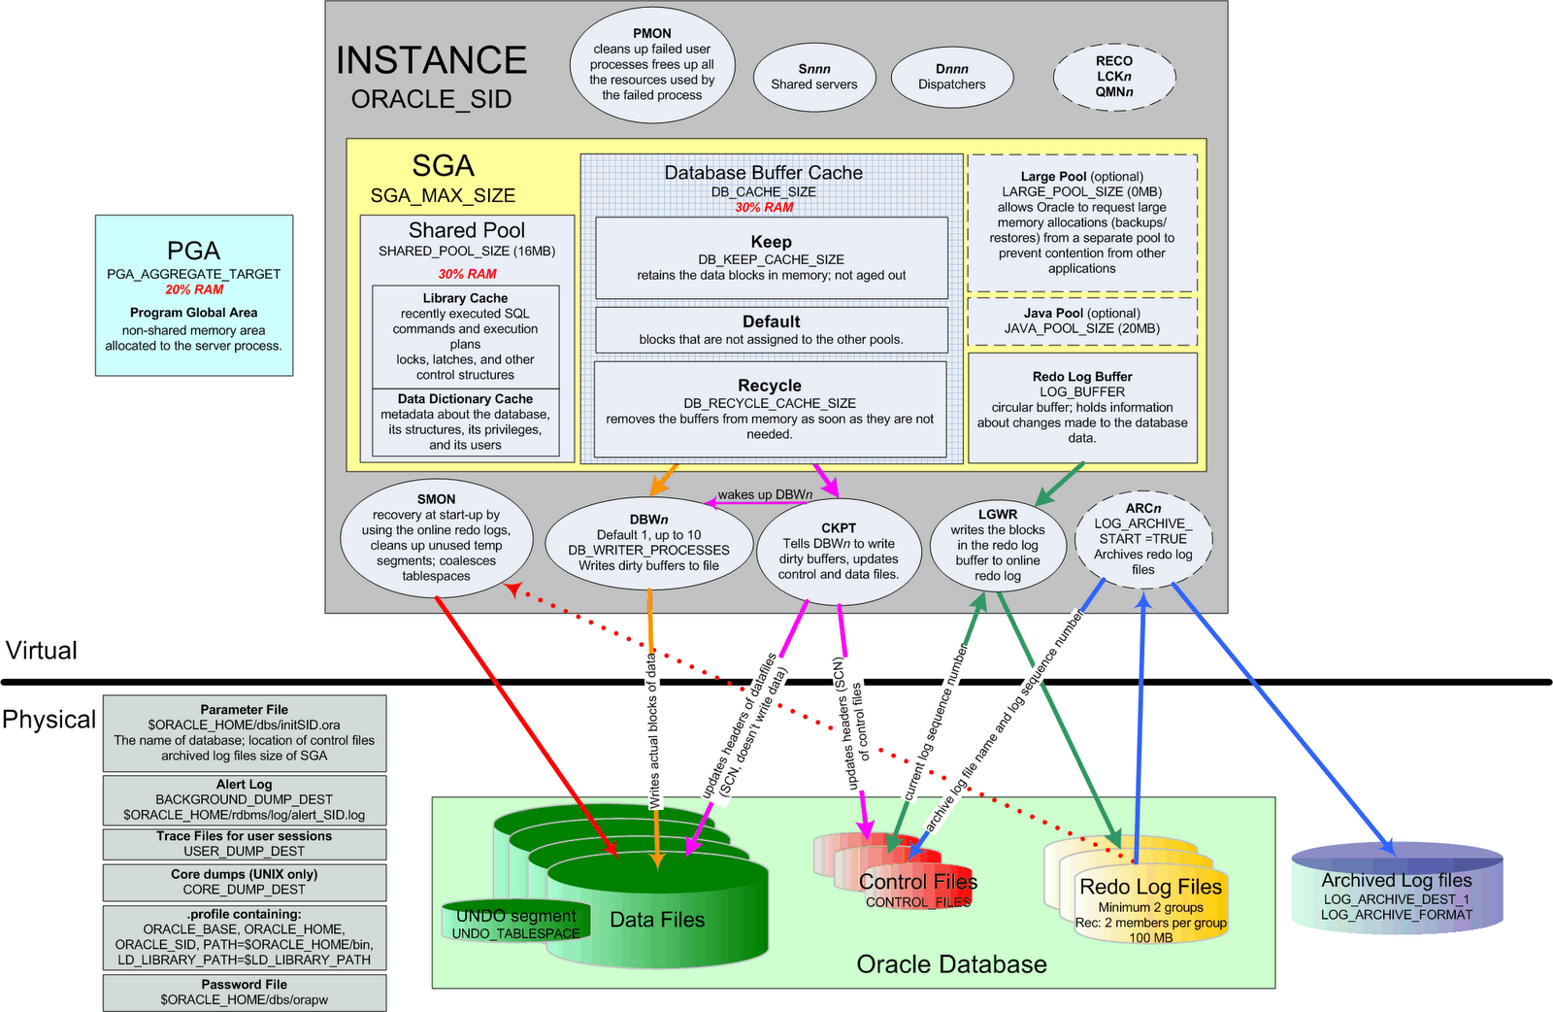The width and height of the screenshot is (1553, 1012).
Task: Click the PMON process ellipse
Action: (651, 64)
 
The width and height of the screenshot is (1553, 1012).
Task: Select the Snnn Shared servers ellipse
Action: (814, 77)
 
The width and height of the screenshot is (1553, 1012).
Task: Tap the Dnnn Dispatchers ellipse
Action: (952, 77)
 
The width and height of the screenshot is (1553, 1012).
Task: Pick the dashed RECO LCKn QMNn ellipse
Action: (1114, 77)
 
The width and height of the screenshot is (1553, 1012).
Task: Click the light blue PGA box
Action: (194, 295)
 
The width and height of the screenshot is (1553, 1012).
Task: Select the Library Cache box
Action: (465, 336)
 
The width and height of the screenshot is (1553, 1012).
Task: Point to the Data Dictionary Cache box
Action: (465, 422)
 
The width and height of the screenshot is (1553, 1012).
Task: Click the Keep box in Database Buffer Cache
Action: (771, 257)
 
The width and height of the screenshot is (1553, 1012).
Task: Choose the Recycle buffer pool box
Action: (770, 409)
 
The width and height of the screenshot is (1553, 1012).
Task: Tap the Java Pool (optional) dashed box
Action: (1081, 321)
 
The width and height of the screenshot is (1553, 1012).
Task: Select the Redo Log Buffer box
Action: (1082, 407)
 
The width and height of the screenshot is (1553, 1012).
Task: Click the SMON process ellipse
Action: (436, 537)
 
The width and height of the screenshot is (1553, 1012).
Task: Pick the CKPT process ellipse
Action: (839, 551)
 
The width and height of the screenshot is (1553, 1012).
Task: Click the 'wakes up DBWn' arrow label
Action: (765, 494)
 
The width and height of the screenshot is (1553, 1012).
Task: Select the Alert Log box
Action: (245, 799)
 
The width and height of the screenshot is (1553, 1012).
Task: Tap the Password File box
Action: (245, 992)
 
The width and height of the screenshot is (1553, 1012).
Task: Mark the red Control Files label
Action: (917, 882)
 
